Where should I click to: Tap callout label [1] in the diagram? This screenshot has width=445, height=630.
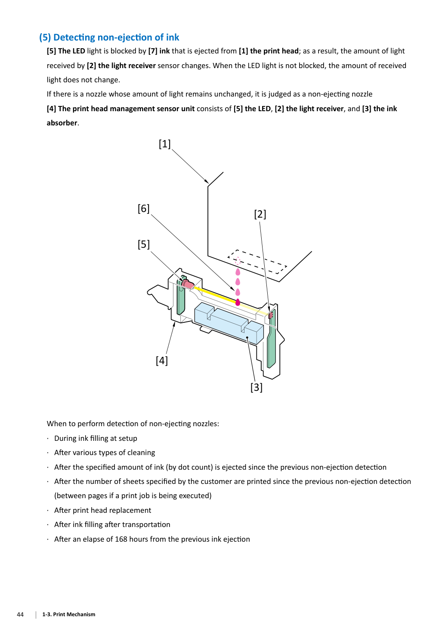click(165, 144)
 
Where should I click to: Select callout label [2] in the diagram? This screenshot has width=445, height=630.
click(260, 214)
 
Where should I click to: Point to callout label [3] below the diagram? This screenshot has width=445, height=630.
click(256, 387)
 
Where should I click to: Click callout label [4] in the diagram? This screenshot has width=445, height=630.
click(162, 360)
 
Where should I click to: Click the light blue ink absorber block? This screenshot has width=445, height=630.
click(229, 324)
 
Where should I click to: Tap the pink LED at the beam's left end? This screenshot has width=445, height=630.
click(187, 284)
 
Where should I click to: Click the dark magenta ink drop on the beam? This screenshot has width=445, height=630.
click(238, 302)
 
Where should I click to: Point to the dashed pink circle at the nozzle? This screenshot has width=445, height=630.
click(238, 261)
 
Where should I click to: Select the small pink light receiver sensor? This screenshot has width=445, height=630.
click(270, 315)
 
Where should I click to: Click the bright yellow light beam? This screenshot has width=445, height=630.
click(215, 294)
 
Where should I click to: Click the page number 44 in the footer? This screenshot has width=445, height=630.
click(20, 614)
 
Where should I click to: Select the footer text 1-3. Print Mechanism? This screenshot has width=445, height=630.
click(69, 614)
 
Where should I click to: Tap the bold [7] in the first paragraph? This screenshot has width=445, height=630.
click(153, 51)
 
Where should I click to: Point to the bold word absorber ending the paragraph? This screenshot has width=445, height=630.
click(62, 123)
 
